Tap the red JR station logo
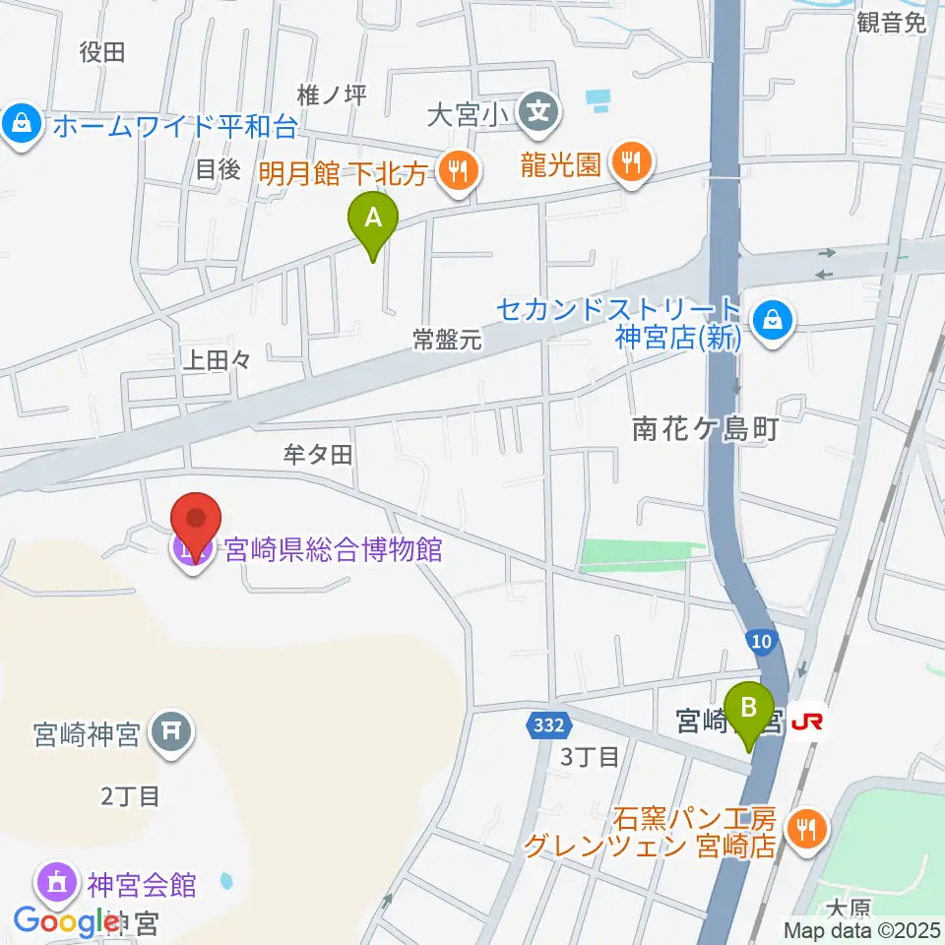click(x=807, y=723)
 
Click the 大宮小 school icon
click(x=539, y=109)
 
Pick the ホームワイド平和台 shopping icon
click(x=20, y=125)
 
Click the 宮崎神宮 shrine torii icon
click(x=172, y=732)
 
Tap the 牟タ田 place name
click(x=317, y=454)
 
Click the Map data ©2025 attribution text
click(x=860, y=929)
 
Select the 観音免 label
click(x=892, y=24)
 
